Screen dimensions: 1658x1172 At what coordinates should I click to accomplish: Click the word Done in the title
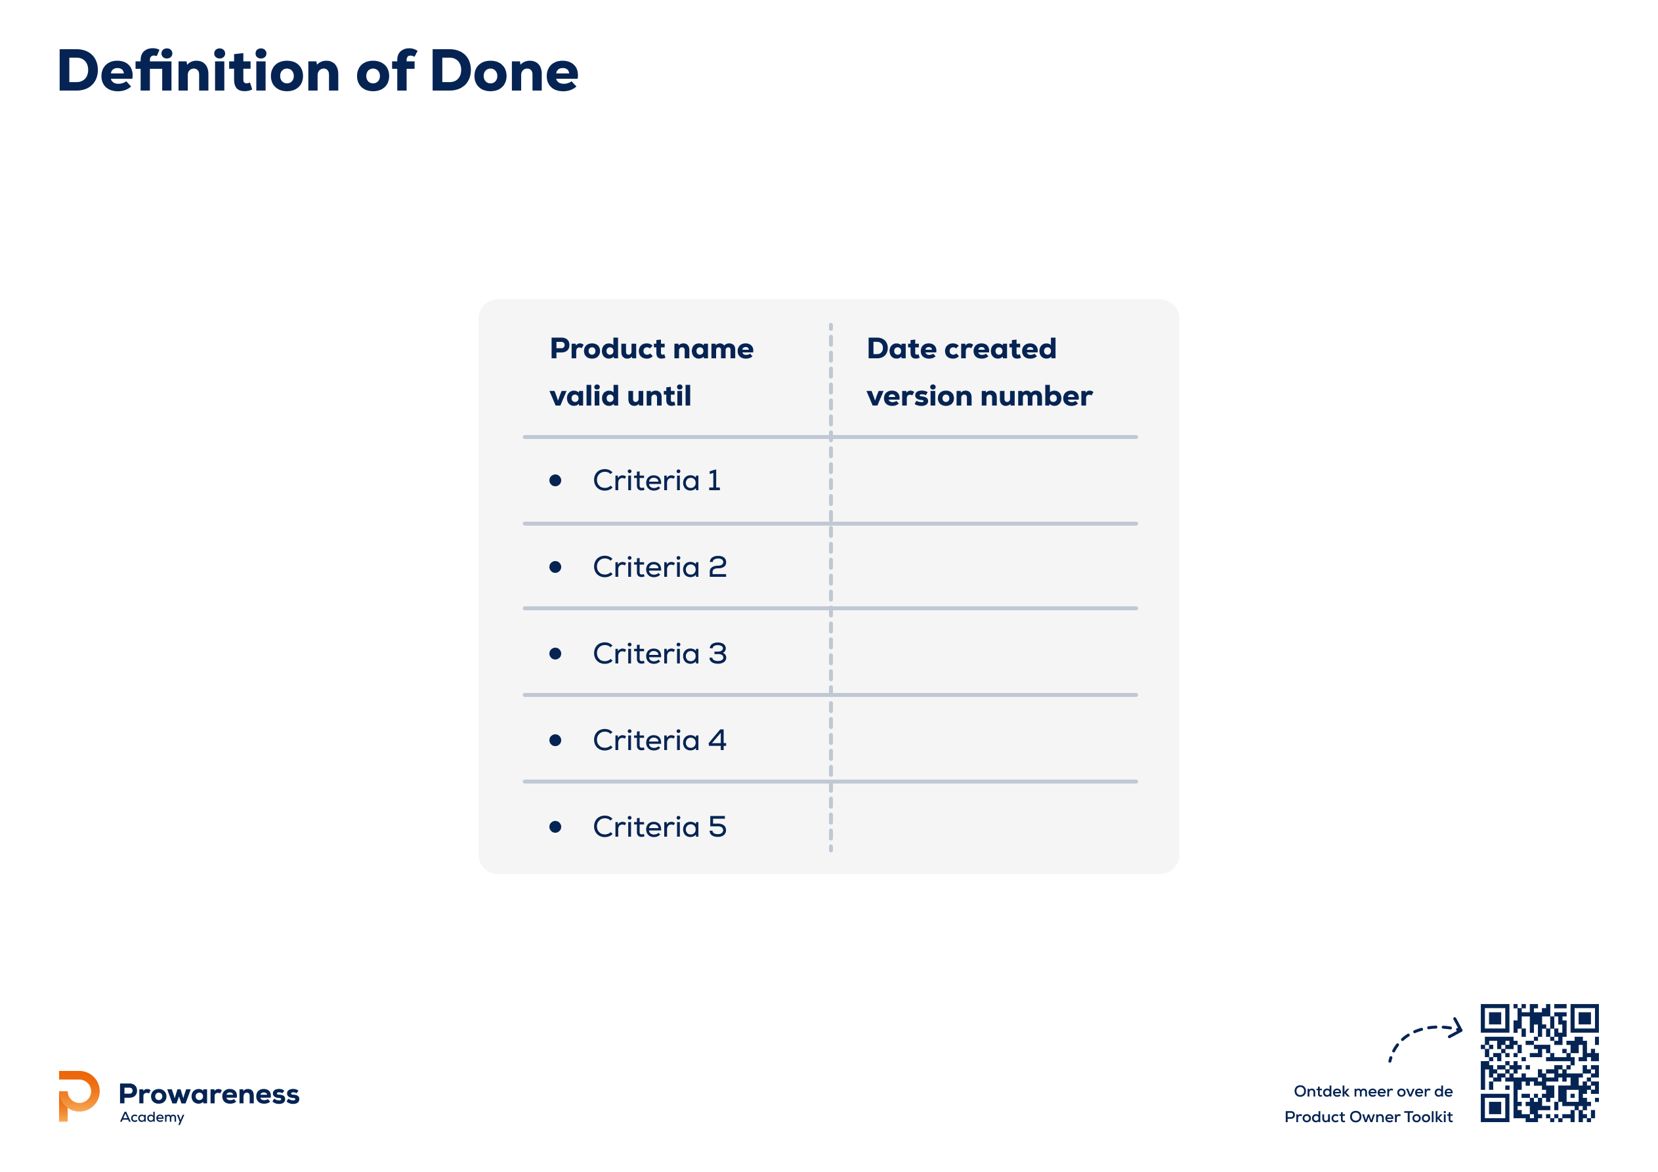tap(504, 72)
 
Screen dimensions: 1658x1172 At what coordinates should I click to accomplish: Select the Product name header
tap(651, 349)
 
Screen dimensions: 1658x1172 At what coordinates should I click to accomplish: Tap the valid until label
tap(620, 396)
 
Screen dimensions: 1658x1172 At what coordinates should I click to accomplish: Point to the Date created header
tap(961, 349)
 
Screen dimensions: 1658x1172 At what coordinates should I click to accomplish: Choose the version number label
tap(979, 396)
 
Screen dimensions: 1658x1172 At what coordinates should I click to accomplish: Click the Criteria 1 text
tap(656, 480)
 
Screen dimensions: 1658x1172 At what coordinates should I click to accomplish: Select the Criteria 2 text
tap(659, 567)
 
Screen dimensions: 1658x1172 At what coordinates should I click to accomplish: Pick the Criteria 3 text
tap(659, 654)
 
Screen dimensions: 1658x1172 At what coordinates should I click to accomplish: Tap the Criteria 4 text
tap(659, 740)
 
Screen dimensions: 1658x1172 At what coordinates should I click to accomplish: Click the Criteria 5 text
tap(659, 827)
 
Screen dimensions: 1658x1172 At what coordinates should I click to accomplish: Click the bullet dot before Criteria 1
tap(555, 480)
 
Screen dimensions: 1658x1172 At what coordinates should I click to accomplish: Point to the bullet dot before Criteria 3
tap(555, 654)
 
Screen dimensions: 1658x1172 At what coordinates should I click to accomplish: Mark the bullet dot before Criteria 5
tap(555, 827)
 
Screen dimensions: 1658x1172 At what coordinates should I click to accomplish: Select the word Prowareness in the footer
tap(209, 1094)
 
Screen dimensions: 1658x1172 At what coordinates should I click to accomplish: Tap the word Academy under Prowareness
tap(152, 1117)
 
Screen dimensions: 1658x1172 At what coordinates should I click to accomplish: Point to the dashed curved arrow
tap(1417, 1030)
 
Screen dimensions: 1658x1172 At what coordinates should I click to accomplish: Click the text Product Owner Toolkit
tap(1369, 1117)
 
